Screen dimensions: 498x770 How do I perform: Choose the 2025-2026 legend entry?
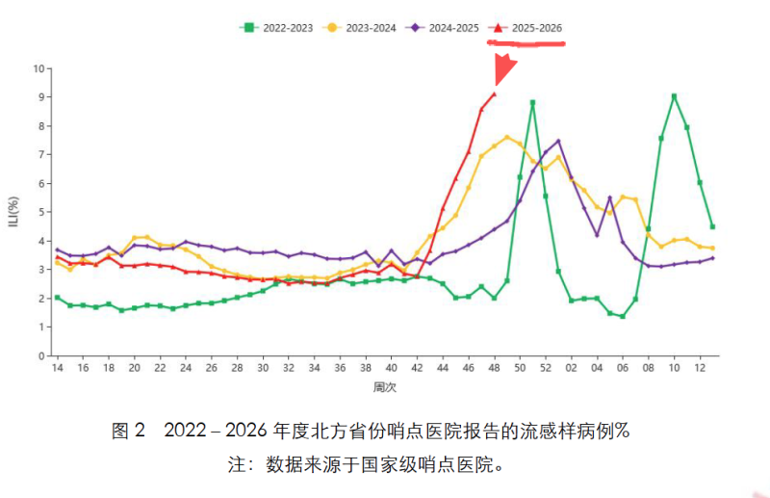point(528,27)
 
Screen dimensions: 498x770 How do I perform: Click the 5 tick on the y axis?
point(41,212)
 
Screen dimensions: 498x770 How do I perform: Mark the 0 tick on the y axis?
point(41,355)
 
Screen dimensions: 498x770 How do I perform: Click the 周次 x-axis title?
point(383,387)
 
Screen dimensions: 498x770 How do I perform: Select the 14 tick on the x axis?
point(57,369)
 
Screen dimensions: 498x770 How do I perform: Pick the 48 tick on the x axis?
point(495,369)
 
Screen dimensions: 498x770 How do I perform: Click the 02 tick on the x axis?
point(572,369)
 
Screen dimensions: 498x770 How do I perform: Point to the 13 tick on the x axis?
point(712,369)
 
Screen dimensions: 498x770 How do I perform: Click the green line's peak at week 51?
point(532,102)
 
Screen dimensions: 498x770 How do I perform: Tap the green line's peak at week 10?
point(674,96)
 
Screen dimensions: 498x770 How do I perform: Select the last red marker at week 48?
point(494,93)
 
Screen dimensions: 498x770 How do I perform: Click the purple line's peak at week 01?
point(558,142)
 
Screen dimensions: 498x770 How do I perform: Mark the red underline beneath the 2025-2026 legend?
point(526,43)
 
